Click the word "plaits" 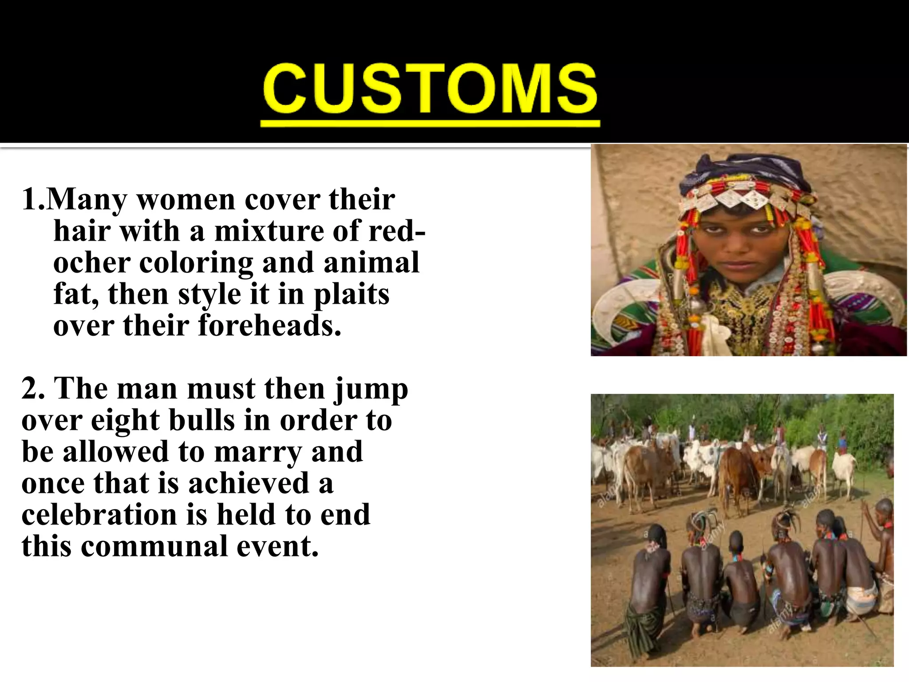352,295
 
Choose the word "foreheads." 270,325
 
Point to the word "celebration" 99,515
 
